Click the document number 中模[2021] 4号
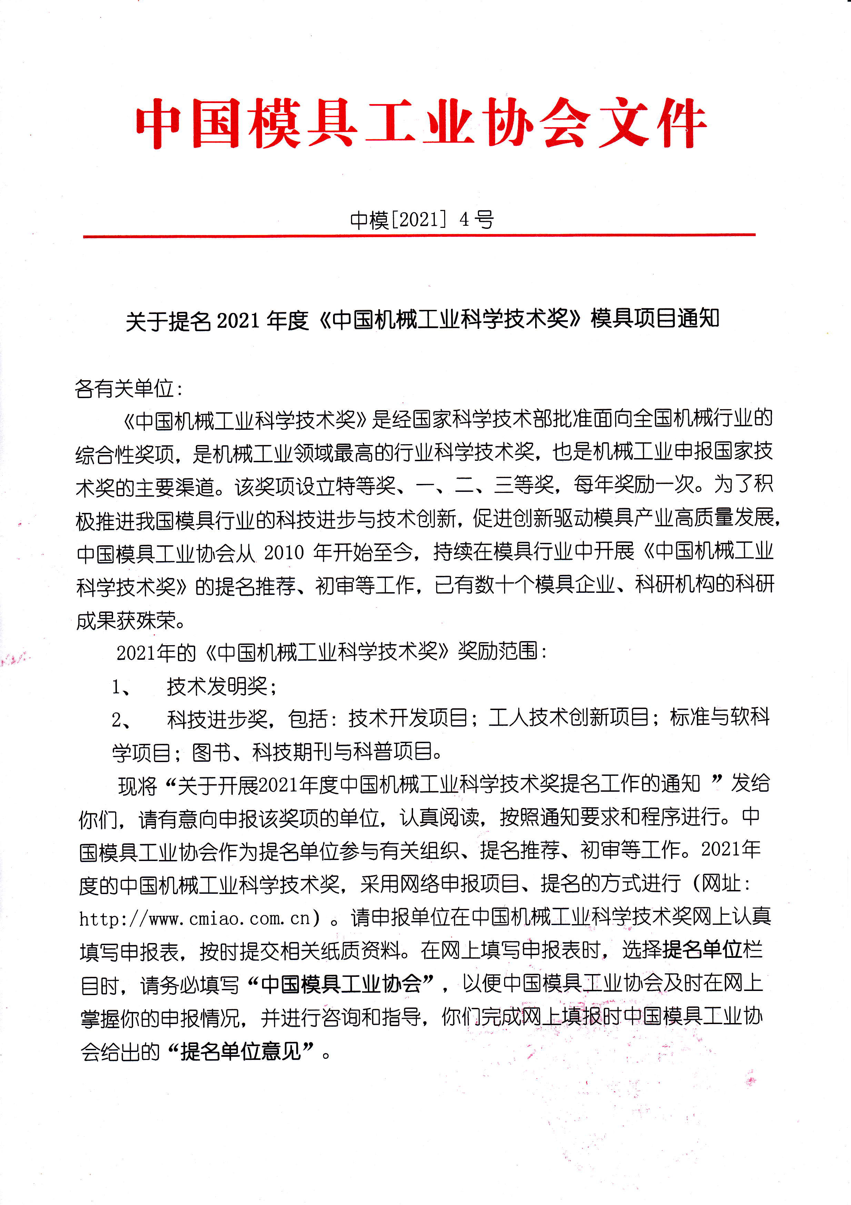pos(422,220)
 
